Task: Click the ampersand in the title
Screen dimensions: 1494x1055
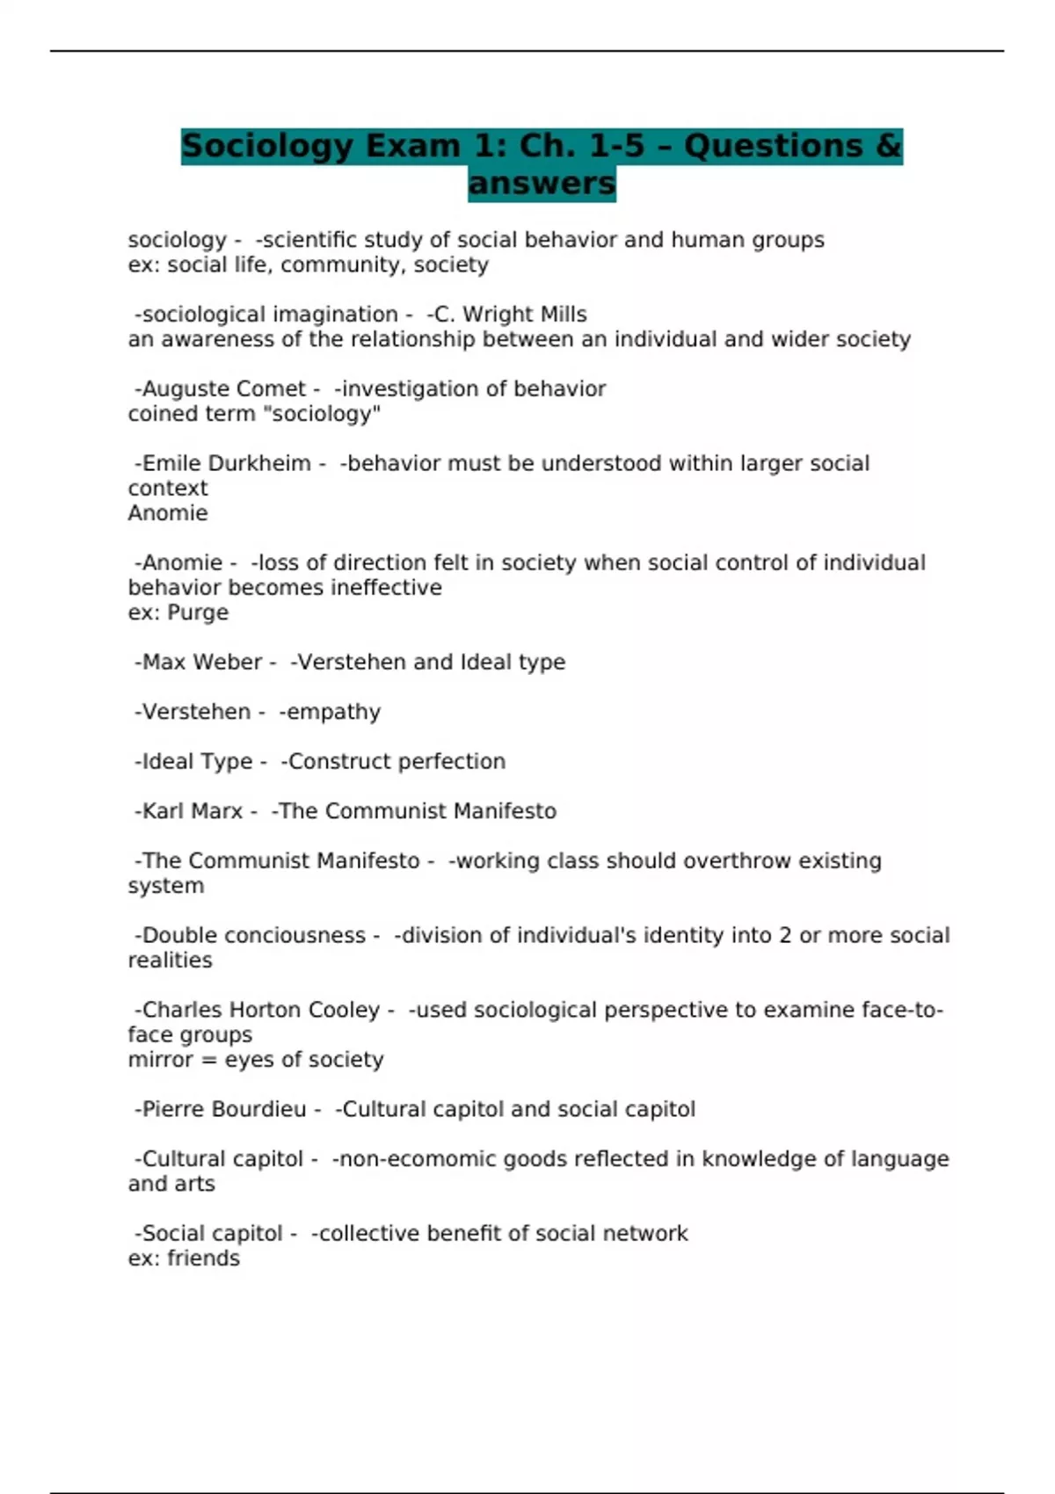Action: click(x=889, y=146)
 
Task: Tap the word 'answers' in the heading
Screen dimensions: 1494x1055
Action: click(x=542, y=184)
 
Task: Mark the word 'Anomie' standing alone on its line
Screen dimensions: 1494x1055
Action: click(x=168, y=513)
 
